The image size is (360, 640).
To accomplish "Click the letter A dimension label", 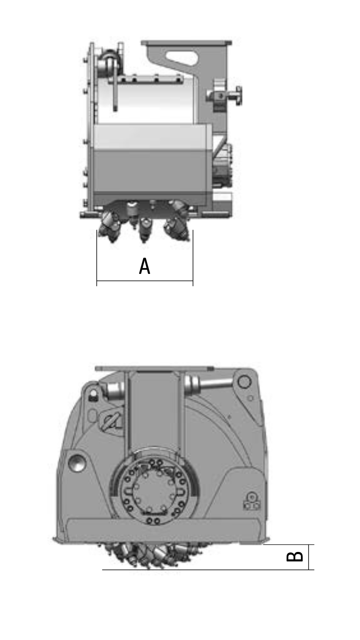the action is coord(145,266).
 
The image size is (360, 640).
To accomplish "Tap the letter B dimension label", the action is coord(295,556).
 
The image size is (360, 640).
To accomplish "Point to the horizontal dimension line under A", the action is coord(145,281).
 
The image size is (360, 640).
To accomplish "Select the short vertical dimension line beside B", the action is coord(309,557).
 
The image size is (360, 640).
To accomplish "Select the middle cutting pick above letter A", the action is coord(145,230).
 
